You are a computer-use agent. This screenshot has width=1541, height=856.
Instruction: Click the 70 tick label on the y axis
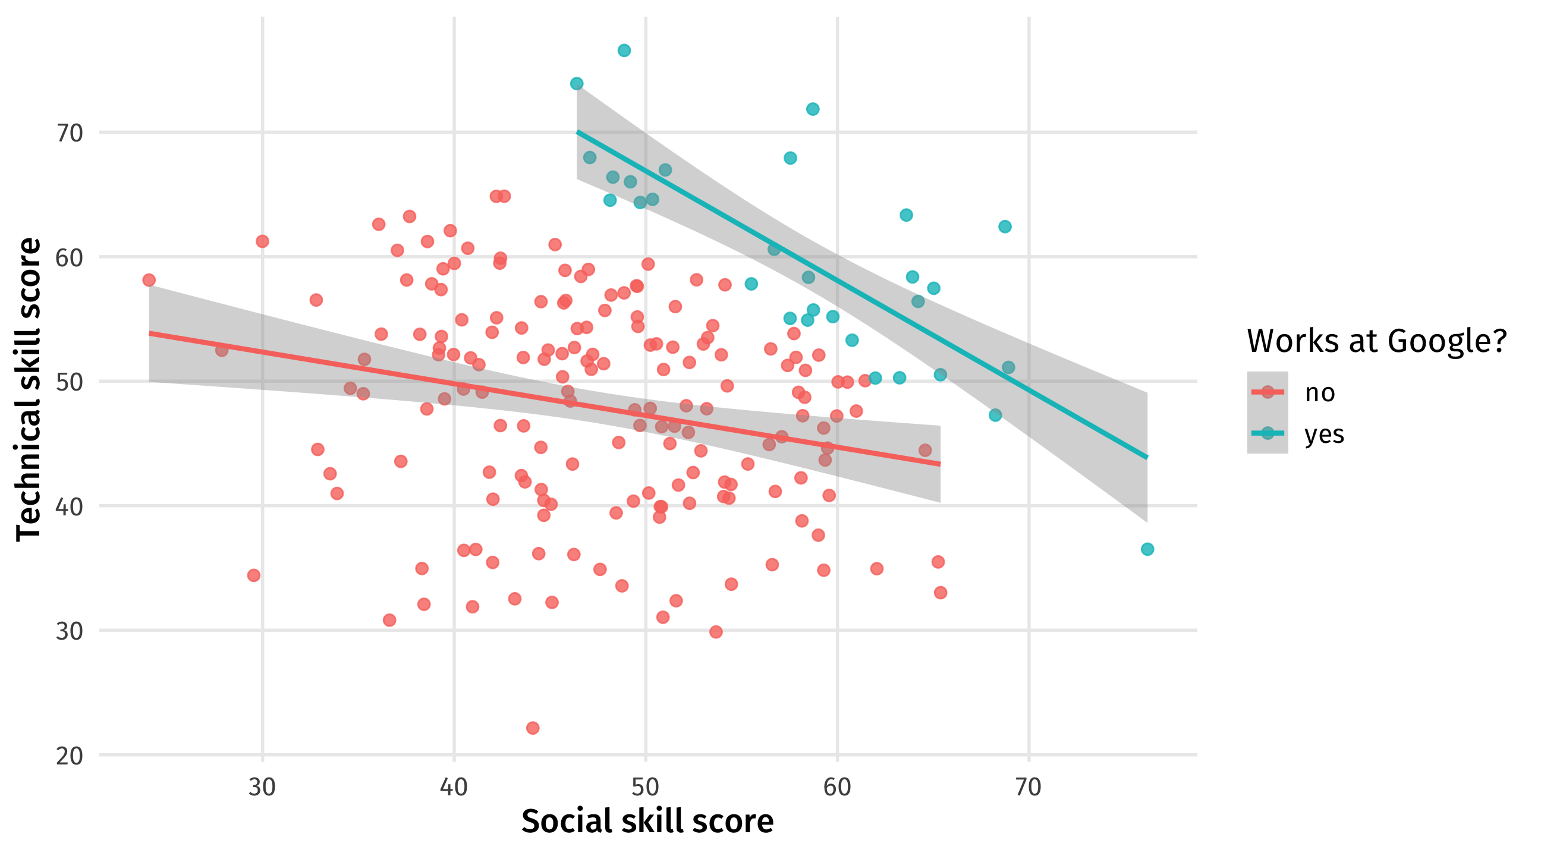[x=70, y=133]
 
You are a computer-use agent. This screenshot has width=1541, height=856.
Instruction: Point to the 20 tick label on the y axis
[x=70, y=756]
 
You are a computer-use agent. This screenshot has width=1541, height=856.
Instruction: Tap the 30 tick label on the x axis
[x=262, y=787]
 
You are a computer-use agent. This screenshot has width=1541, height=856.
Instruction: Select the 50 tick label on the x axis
[x=646, y=787]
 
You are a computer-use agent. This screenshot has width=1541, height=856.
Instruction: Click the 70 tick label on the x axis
[x=1029, y=787]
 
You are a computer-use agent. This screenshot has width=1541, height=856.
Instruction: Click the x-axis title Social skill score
[x=647, y=822]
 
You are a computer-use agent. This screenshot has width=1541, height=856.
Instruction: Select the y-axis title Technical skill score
[x=29, y=389]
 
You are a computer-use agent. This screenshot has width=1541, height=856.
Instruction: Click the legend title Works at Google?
[x=1376, y=341]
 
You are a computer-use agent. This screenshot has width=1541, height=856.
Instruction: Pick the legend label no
[x=1320, y=393]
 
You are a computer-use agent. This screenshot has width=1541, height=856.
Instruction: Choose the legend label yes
[x=1324, y=435]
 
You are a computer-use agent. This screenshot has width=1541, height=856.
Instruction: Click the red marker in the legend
[x=1267, y=392]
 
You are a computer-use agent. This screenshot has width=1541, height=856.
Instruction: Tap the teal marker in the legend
[x=1267, y=433]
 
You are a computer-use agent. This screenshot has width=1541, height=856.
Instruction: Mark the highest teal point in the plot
[x=624, y=51]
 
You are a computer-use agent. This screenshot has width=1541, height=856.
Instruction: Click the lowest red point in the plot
[x=533, y=728]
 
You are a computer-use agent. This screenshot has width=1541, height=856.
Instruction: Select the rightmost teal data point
[x=1147, y=549]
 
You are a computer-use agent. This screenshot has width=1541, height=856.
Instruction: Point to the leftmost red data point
[x=149, y=280]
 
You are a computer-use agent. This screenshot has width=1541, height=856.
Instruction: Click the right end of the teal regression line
[x=1147, y=458]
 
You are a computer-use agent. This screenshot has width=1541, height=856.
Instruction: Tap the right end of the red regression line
[x=940, y=464]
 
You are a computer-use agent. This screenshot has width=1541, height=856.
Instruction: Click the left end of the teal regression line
[x=577, y=131]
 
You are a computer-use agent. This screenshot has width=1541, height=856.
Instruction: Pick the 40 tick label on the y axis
[x=70, y=506]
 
